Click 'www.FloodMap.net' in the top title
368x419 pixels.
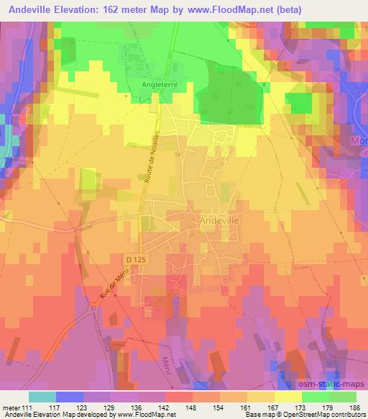click(x=224, y=9)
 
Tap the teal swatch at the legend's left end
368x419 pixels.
click(x=42, y=396)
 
